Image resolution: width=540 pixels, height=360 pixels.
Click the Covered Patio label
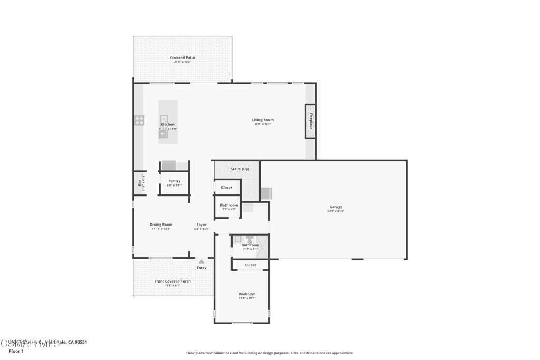pyautogui.click(x=182, y=57)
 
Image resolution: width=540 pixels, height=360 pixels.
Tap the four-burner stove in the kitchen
pyautogui.click(x=139, y=120)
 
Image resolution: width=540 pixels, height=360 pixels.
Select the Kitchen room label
pyautogui.click(x=168, y=124)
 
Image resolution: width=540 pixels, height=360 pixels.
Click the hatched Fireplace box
pyautogui.click(x=311, y=121)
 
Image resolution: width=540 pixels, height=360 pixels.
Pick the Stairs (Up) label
pyautogui.click(x=240, y=169)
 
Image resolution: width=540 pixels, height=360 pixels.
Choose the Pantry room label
pyautogui.click(x=175, y=181)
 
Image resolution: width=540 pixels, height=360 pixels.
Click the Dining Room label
pyautogui.click(x=161, y=225)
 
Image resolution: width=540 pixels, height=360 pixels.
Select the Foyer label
pyautogui.click(x=201, y=225)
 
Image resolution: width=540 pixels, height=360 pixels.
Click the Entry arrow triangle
pyautogui.click(x=201, y=261)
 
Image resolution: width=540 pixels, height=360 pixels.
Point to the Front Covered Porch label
pyautogui.click(x=172, y=281)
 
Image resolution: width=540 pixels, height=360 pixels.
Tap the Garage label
pyautogui.click(x=336, y=207)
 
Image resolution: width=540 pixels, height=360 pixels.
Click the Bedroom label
pyautogui.click(x=247, y=294)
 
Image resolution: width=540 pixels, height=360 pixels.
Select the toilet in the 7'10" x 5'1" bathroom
pyautogui.click(x=249, y=239)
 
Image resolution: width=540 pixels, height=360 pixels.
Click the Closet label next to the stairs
pyautogui.click(x=226, y=187)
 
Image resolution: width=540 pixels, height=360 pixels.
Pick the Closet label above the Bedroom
pyautogui.click(x=250, y=265)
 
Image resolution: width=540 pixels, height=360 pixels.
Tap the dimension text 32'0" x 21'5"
pyautogui.click(x=336, y=211)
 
